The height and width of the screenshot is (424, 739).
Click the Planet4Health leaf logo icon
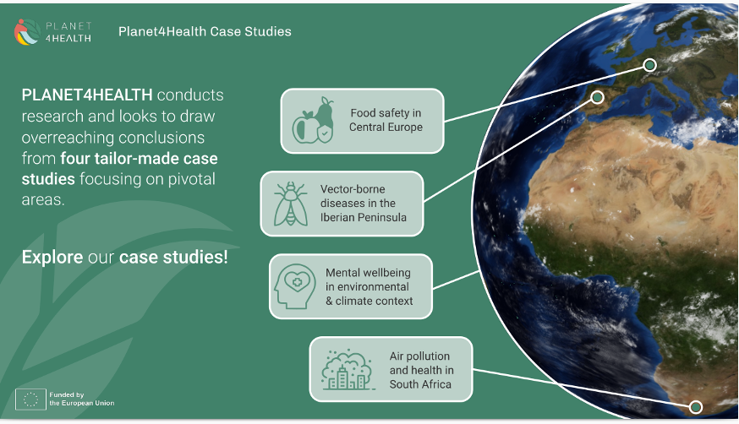click(x=27, y=32)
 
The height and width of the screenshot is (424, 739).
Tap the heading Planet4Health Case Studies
click(x=205, y=31)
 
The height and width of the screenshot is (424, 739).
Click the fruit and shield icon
click(x=314, y=121)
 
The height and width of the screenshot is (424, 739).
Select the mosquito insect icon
click(x=291, y=204)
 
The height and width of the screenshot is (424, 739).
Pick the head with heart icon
click(x=295, y=286)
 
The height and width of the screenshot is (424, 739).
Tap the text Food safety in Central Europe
click(x=386, y=120)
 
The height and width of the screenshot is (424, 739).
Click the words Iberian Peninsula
click(x=364, y=217)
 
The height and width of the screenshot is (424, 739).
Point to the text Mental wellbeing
click(x=368, y=273)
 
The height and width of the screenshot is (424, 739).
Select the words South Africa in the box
click(x=420, y=384)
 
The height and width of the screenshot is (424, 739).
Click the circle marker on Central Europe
click(x=650, y=65)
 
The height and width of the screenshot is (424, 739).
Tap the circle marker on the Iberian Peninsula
click(x=597, y=97)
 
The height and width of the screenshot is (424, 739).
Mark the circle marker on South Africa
click(x=696, y=407)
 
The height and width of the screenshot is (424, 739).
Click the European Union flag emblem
click(x=30, y=400)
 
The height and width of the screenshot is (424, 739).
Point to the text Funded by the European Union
click(x=82, y=399)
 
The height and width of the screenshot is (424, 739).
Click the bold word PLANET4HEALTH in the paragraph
click(x=87, y=95)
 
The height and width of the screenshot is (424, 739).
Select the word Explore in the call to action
click(x=52, y=258)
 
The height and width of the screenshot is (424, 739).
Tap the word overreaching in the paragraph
click(x=65, y=138)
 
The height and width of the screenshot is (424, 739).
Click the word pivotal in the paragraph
click(x=192, y=179)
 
